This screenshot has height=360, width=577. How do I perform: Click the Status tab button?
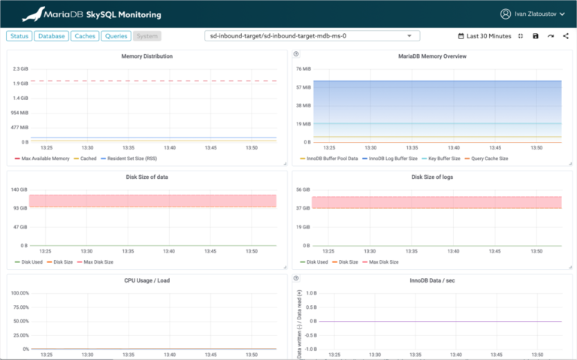pyautogui.click(x=19, y=35)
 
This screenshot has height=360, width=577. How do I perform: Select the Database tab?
pyautogui.click(x=51, y=35)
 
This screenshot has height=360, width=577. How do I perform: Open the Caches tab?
pyautogui.click(x=84, y=35)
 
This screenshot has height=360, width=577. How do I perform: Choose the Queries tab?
pyautogui.click(x=116, y=35)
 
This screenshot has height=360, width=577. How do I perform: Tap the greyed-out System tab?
pyautogui.click(x=147, y=35)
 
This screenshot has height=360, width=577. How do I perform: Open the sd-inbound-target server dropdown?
pyautogui.click(x=312, y=35)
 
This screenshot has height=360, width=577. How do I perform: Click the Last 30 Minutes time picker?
pyautogui.click(x=484, y=36)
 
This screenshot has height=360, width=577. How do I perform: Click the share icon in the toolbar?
pyautogui.click(x=565, y=36)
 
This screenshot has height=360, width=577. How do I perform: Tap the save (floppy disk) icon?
pyautogui.click(x=536, y=36)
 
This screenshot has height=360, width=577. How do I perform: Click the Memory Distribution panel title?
pyautogui.click(x=147, y=56)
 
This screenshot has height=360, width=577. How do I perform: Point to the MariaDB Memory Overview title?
pyautogui.click(x=432, y=56)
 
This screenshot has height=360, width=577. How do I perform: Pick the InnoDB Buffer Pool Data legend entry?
pyautogui.click(x=329, y=159)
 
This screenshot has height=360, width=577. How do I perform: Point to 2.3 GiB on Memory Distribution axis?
pyautogui.click(x=20, y=69)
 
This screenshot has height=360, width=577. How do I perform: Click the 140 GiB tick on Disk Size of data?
pyautogui.click(x=20, y=189)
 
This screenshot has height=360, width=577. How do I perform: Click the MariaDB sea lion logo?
pyautogui.click(x=33, y=14)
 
